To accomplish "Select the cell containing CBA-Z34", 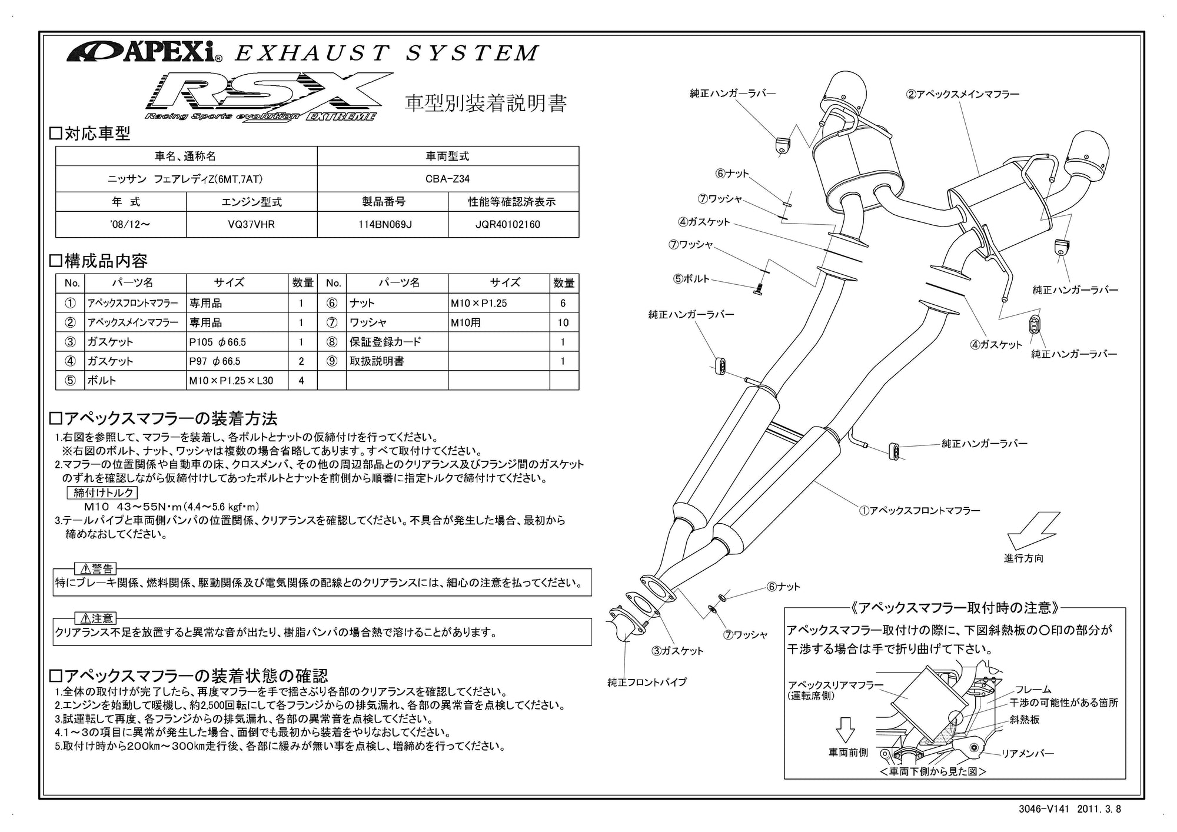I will [448, 178].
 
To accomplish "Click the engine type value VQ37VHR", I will [252, 224].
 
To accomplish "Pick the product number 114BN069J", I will [383, 224].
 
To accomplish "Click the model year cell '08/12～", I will [121, 224].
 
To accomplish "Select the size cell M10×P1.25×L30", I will [231, 380].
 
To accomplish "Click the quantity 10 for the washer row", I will [563, 322].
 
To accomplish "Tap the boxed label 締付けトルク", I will [104, 492].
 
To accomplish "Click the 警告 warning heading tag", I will [95, 568].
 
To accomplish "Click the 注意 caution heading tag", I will [95, 618].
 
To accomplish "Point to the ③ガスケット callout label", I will [677, 651].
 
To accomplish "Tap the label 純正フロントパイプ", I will [647, 682].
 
